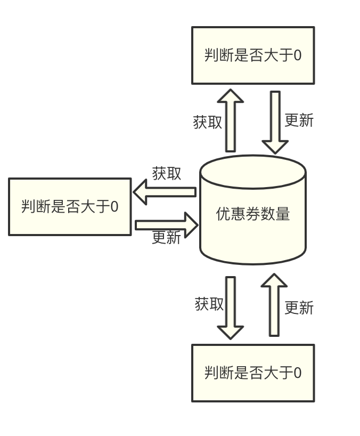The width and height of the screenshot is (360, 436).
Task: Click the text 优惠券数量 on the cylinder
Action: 252,214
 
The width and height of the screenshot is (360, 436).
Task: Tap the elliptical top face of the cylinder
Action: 252,172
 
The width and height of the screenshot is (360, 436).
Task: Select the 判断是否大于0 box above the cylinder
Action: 253,55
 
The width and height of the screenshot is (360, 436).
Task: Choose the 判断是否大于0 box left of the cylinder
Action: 70,207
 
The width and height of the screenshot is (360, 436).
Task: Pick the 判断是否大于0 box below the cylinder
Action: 253,373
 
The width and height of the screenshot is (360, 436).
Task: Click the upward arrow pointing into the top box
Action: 230,121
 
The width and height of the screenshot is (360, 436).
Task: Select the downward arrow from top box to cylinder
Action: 275,122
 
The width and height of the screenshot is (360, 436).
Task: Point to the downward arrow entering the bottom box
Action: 230,308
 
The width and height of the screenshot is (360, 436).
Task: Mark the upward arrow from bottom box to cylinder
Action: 274,305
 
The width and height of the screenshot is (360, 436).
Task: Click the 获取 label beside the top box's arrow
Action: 207,122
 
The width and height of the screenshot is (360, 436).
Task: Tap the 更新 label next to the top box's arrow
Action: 299,120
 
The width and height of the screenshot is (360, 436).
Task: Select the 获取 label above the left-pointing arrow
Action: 167,173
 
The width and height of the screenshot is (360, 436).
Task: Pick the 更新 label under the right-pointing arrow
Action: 166,238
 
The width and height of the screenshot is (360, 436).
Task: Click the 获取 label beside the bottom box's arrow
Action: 209,304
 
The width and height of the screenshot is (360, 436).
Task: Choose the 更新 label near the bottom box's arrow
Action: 299,308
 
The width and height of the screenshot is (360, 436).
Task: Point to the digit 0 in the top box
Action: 297,55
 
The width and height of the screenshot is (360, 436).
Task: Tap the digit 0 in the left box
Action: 114,207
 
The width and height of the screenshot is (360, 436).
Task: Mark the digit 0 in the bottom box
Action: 297,373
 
